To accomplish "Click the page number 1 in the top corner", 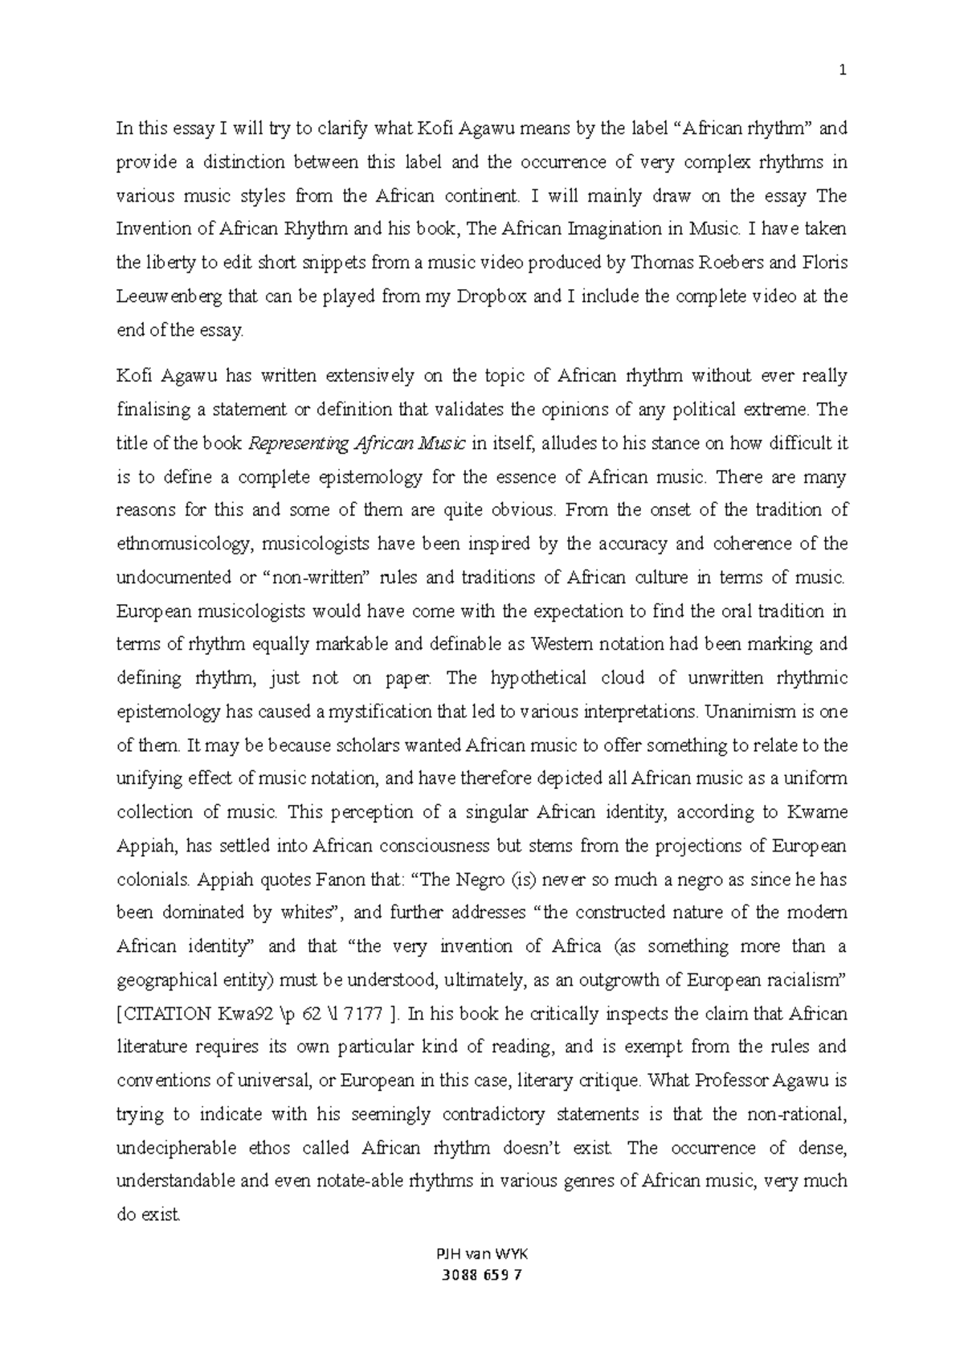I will pos(843,71).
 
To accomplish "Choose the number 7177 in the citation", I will pos(366,1014).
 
